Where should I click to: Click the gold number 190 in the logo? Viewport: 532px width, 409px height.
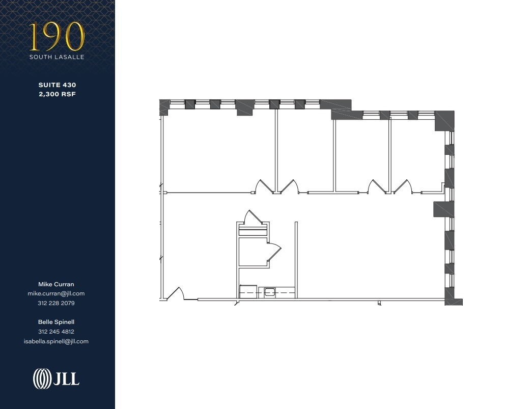click(57, 37)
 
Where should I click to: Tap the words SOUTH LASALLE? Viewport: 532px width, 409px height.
click(57, 57)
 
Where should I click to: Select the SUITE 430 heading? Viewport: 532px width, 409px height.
click(57, 85)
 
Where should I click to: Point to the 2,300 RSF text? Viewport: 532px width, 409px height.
click(57, 94)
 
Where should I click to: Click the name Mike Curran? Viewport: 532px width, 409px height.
click(56, 284)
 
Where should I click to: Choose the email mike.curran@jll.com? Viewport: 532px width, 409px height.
click(56, 293)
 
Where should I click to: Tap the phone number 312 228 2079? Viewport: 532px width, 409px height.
click(56, 303)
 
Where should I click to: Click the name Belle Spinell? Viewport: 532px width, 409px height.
click(56, 322)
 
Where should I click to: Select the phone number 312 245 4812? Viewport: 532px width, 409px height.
click(56, 332)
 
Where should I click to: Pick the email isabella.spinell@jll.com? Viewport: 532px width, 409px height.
click(56, 341)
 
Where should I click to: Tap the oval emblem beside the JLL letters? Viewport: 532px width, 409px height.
click(42, 378)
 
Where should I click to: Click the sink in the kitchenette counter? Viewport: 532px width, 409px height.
click(269, 292)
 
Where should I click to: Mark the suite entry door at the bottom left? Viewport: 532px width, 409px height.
click(175, 294)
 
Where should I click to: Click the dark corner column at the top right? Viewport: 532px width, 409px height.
click(444, 121)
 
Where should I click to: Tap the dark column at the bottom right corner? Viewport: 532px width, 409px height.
click(453, 296)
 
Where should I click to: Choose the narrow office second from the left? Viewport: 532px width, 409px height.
click(305, 150)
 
